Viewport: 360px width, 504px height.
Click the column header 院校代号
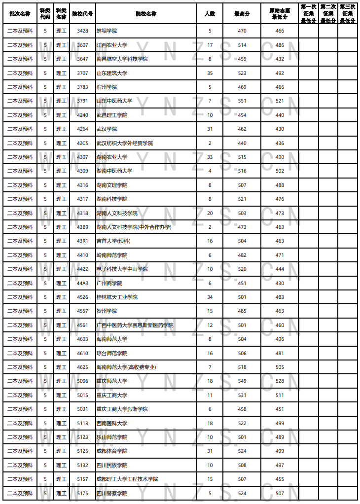tap(82, 14)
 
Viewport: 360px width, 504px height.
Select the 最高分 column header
tap(242, 14)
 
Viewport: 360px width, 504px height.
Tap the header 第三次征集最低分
tap(348, 14)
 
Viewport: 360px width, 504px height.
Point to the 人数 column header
tap(210, 14)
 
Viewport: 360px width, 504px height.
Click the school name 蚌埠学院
tap(107, 31)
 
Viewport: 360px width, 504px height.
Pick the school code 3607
tap(82, 45)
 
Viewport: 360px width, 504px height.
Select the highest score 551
tap(242, 101)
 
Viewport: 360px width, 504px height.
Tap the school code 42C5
tap(82, 143)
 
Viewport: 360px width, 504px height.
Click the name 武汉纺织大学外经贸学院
tap(124, 143)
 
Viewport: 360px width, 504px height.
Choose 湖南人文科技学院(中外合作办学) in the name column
tap(134, 227)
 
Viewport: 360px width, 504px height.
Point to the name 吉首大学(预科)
tap(113, 241)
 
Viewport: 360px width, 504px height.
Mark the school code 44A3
tap(82, 283)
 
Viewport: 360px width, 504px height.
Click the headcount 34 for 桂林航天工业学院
tap(210, 297)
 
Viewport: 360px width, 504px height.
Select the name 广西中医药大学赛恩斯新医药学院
tap(135, 325)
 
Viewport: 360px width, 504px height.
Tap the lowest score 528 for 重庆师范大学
tap(280, 381)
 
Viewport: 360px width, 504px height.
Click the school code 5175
tap(82, 493)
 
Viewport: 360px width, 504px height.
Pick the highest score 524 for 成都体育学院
tap(242, 451)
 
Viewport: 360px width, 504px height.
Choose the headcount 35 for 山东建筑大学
tap(210, 73)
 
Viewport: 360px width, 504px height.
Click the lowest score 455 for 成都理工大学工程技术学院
tap(280, 479)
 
